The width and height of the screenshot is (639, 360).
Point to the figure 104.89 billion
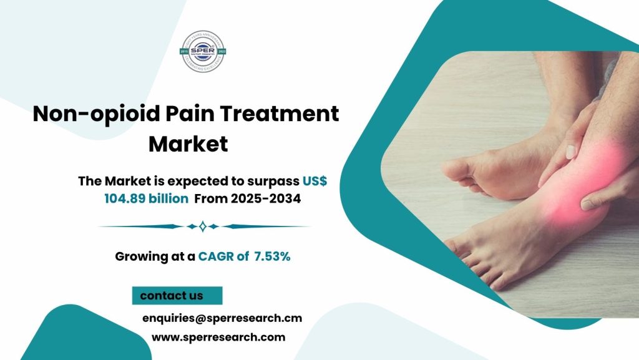[146, 198]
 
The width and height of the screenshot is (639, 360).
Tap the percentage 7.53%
[272, 256]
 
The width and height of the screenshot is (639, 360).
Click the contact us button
[177, 295]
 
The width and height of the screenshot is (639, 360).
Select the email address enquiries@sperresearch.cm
[222, 318]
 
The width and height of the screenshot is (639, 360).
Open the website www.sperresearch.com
[218, 338]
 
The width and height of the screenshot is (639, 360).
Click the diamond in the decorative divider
[202, 226]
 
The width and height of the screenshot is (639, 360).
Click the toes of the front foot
[465, 262]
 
